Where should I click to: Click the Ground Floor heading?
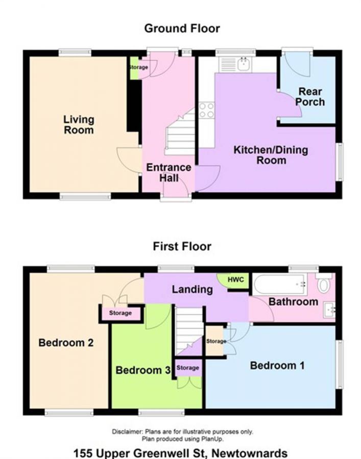(x=182, y=28)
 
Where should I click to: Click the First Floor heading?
(x=182, y=247)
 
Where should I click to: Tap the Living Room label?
(x=79, y=124)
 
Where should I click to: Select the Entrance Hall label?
(x=169, y=172)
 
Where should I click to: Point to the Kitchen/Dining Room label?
(x=271, y=155)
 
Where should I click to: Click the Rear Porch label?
(x=310, y=96)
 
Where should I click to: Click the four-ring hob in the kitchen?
(x=206, y=110)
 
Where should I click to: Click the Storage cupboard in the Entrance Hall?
(x=137, y=68)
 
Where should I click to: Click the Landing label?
(x=191, y=289)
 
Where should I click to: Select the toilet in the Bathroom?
(x=324, y=283)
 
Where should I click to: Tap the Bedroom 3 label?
(x=142, y=370)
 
